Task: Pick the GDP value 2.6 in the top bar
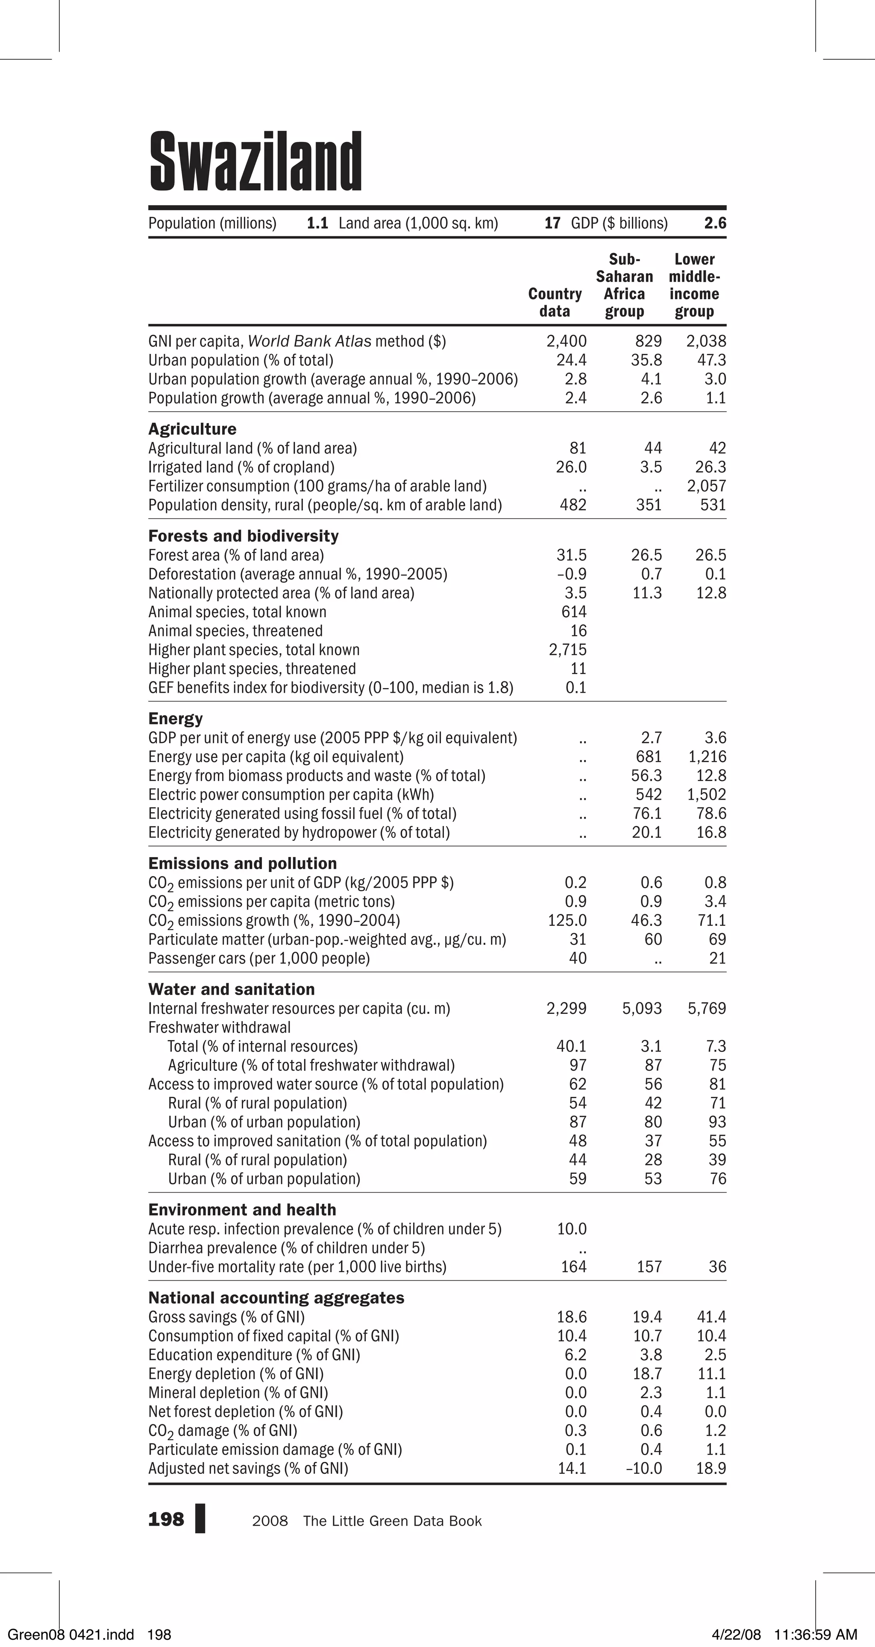715,223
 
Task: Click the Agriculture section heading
192,429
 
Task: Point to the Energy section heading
175,719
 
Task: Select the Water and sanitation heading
232,989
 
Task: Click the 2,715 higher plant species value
567,650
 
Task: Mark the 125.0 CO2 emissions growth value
567,921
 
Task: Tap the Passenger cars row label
259,958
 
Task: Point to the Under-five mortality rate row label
297,1267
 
